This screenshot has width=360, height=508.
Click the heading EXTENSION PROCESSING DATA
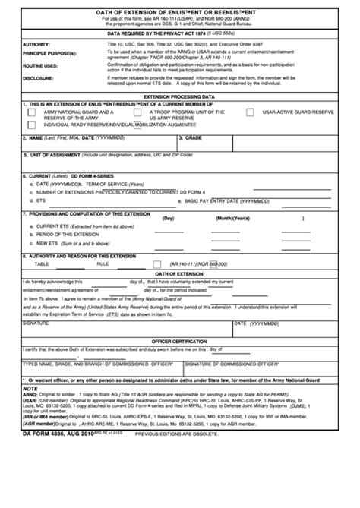pyautogui.click(x=179, y=98)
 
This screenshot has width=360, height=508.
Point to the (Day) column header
pyautogui.click(x=168, y=218)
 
